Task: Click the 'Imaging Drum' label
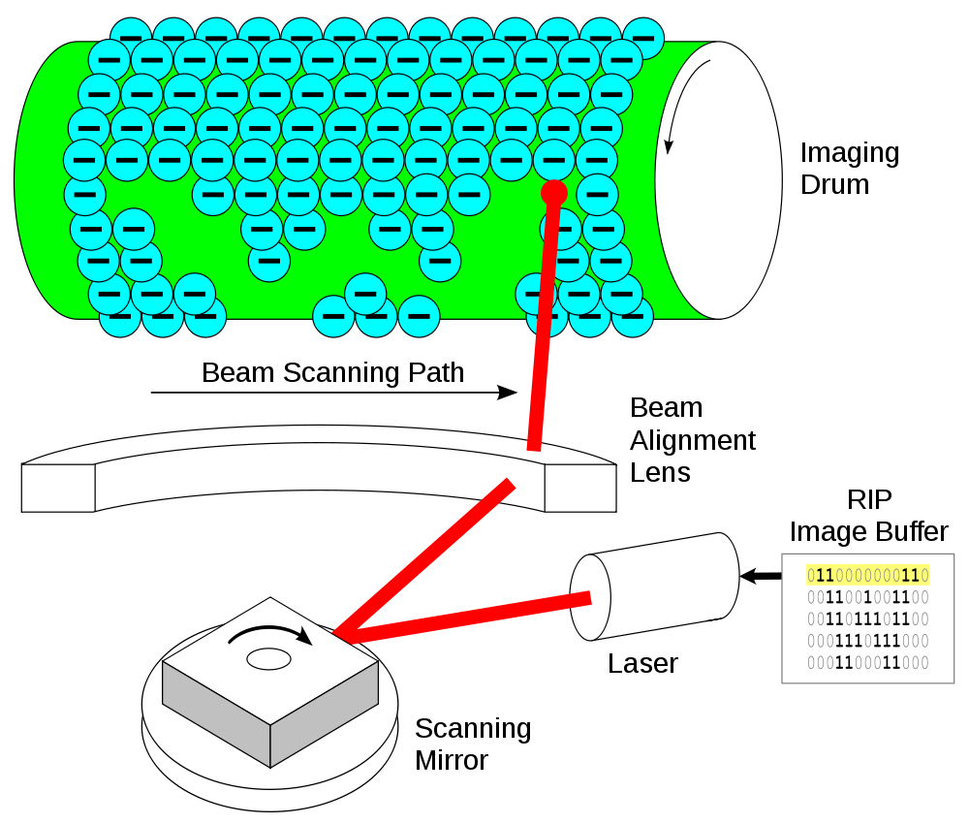(850, 168)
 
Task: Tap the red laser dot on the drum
(553, 193)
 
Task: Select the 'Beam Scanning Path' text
(332, 372)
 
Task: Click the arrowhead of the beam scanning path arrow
(508, 393)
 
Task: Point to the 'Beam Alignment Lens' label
(692, 440)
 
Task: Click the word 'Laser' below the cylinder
(642, 663)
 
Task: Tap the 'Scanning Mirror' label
(473, 745)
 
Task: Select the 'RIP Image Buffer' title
(869, 516)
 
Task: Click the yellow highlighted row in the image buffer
(867, 576)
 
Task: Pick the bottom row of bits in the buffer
(867, 663)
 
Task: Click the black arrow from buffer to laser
(761, 576)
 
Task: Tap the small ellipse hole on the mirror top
(268, 659)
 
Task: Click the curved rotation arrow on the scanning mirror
(270, 630)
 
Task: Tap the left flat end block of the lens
(58, 488)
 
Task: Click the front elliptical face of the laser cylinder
(590, 597)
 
